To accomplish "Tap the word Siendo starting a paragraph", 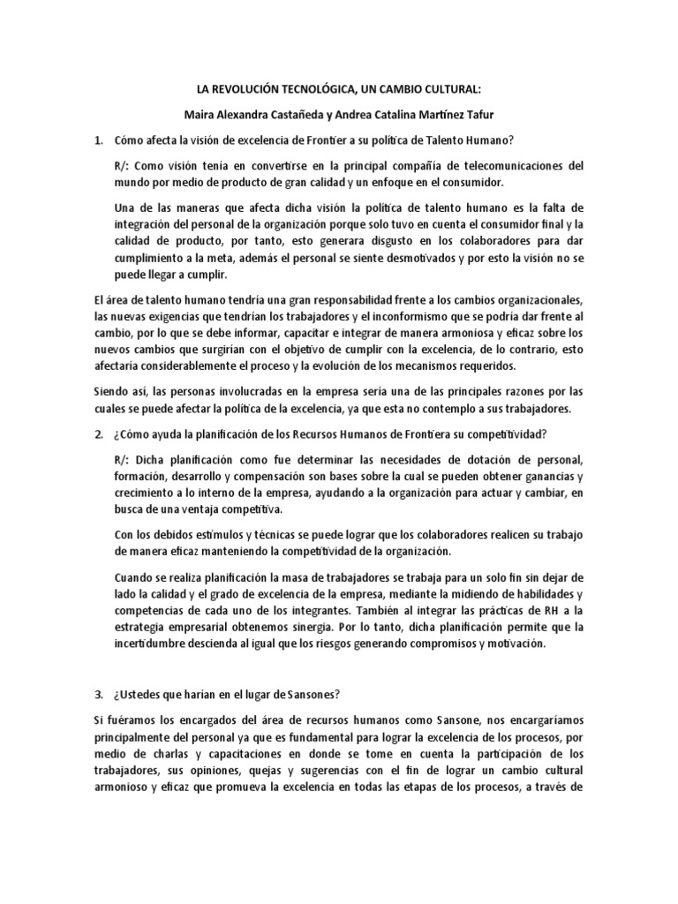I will coord(110,392).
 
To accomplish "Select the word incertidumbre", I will coord(153,644).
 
